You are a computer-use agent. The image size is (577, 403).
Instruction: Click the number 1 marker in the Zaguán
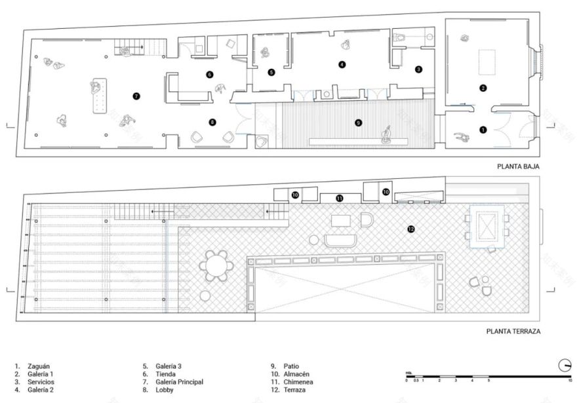483,130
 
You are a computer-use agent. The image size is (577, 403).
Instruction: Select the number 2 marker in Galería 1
483,88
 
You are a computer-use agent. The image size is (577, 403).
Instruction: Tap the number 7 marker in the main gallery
136,96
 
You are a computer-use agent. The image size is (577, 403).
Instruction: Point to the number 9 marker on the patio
357,122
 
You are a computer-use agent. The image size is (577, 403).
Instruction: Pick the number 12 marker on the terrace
411,229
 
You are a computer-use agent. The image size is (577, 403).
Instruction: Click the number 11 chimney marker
339,197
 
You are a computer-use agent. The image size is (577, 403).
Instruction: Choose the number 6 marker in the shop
210,75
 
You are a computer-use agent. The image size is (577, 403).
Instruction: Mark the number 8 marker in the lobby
212,122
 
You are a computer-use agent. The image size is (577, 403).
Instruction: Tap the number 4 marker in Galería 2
342,64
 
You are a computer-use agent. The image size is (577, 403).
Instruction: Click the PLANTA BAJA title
517,167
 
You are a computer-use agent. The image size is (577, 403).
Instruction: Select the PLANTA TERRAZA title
513,332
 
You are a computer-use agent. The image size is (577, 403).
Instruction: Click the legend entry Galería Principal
179,381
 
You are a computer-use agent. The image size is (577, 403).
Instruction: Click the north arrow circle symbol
565,365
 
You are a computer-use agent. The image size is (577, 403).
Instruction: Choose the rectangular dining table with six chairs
487,227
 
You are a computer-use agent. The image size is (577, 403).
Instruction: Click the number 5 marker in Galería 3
271,72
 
